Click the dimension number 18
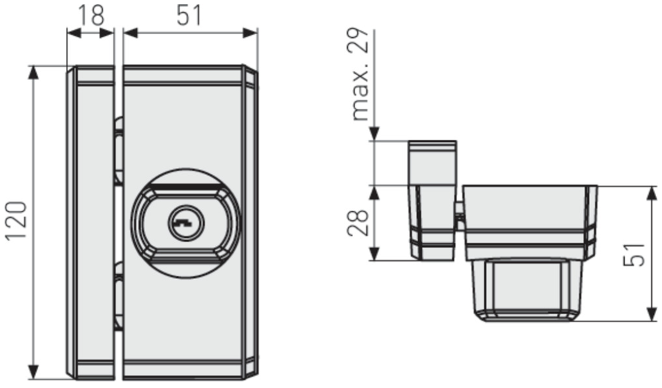tap(91, 16)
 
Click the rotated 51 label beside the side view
tap(635, 254)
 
